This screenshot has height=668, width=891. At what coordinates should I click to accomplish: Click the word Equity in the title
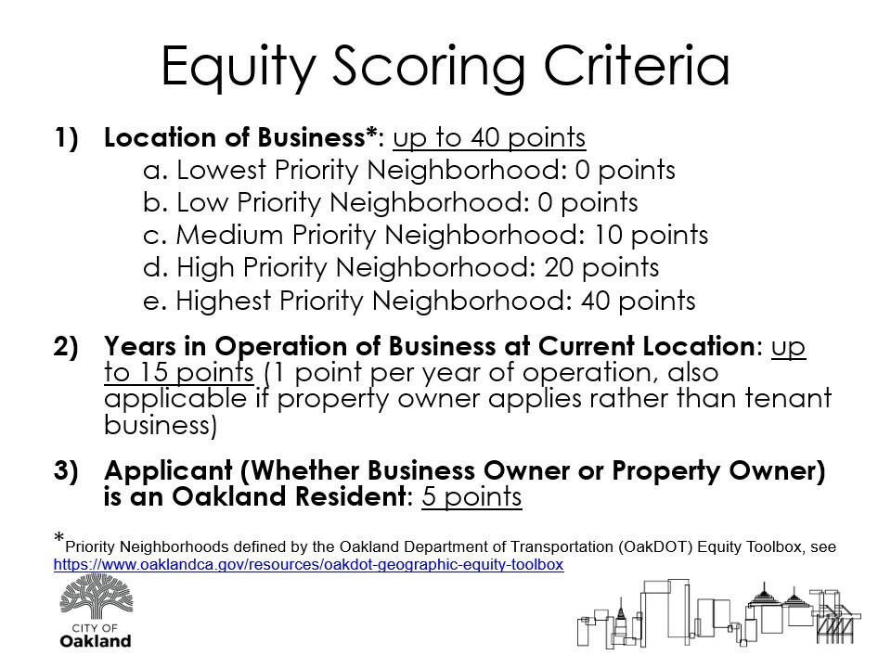(239, 67)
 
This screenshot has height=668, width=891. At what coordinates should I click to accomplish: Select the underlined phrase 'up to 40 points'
(489, 137)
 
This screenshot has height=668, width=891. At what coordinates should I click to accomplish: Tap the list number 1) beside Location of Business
(67, 138)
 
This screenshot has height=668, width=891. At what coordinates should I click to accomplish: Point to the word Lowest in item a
(222, 170)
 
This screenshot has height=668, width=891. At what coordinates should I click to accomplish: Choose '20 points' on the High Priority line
(601, 267)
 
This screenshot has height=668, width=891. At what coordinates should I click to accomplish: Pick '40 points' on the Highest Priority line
(639, 301)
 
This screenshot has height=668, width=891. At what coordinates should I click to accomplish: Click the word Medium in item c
(229, 235)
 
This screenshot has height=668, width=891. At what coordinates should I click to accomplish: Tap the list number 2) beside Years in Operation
(66, 346)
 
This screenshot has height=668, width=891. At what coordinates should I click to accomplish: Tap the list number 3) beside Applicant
(66, 471)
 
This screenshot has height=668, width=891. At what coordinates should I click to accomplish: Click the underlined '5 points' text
(471, 496)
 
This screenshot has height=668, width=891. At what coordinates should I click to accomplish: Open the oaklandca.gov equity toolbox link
(308, 565)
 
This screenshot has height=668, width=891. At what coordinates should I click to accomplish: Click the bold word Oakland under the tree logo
(96, 641)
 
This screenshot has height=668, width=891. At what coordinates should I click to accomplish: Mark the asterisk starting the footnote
(59, 537)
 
